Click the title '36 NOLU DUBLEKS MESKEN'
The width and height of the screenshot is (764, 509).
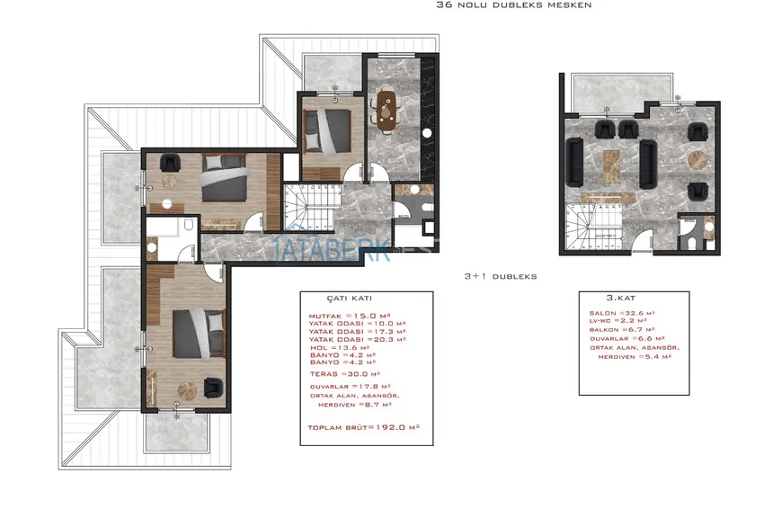513,4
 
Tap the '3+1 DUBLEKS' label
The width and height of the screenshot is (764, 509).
500,277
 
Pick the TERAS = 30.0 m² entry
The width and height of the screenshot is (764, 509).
345,373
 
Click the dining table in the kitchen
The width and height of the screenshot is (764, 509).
387,111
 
